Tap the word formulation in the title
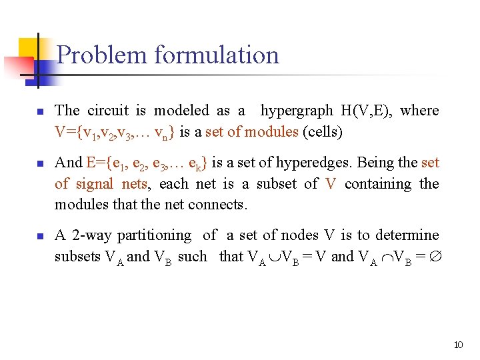(217, 55)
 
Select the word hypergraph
(297, 111)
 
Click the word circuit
(111, 111)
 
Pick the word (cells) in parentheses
(323, 132)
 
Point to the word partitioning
(154, 235)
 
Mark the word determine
(407, 235)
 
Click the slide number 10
(458, 345)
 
